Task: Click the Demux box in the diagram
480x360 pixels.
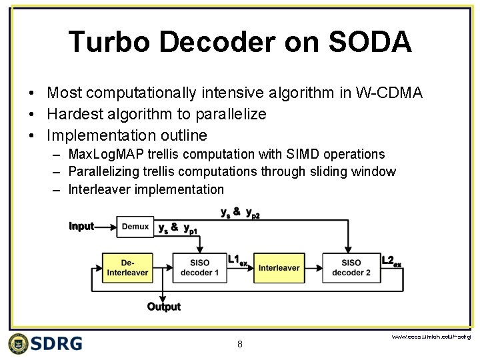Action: click(x=135, y=227)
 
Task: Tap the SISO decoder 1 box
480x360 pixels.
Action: click(x=199, y=267)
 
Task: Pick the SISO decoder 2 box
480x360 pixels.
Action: click(x=351, y=267)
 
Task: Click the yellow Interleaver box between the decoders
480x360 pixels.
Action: click(x=279, y=267)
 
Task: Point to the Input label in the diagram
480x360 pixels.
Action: click(x=81, y=227)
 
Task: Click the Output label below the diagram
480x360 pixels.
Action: click(x=163, y=307)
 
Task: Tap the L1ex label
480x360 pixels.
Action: click(x=237, y=260)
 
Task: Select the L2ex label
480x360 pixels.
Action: click(x=391, y=261)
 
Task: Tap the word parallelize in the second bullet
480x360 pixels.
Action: click(x=230, y=114)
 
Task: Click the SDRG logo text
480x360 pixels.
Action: click(x=56, y=343)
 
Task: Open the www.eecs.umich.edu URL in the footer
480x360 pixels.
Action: click(x=430, y=337)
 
